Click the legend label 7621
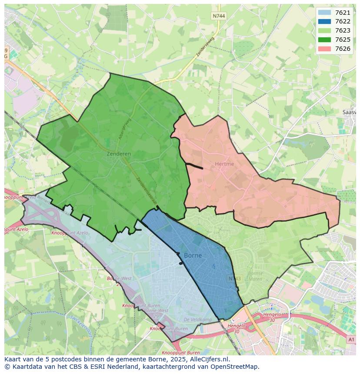pos(343,13)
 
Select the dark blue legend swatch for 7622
pos(324,22)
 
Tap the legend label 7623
pos(343,31)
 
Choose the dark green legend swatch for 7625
pos(324,40)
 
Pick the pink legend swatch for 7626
pos(324,49)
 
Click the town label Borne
pos(193,255)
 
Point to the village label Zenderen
pos(119,154)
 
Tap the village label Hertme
pos(224,164)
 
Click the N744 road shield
pos(219,16)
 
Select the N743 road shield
pos(234,278)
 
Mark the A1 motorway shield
pos(351,340)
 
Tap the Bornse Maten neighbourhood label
pos(255,276)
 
